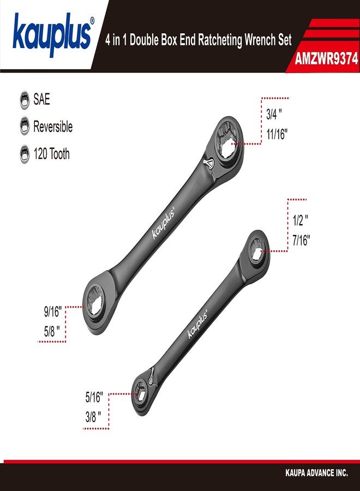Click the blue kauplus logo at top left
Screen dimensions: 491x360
pos(52,35)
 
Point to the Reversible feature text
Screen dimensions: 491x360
pos(52,127)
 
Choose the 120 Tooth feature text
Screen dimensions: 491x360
pos(51,154)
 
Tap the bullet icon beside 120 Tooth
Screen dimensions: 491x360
pos(24,154)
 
